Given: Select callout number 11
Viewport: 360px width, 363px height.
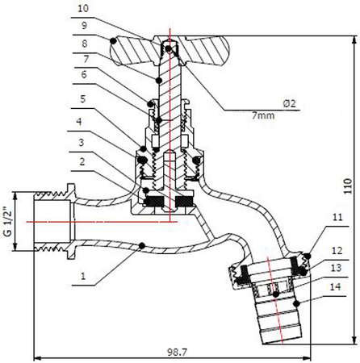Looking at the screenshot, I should [335, 219].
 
